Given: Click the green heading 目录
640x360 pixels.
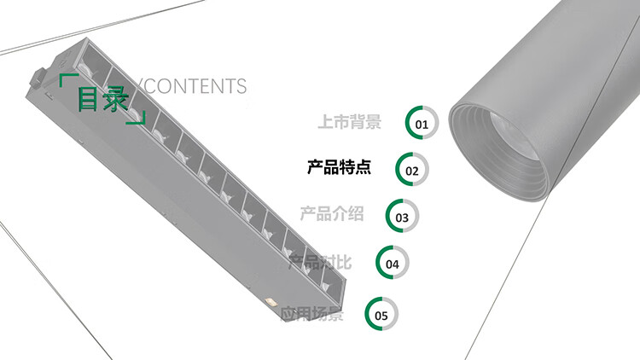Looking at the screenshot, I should tap(103, 98).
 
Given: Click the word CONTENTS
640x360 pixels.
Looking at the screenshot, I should tap(195, 86).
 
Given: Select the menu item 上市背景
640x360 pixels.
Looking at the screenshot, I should tap(349, 122).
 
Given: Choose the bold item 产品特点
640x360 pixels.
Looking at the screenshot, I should tap(339, 167).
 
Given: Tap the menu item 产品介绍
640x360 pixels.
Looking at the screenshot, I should tap(331, 213).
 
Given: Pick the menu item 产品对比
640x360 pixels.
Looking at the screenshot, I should tap(320, 261).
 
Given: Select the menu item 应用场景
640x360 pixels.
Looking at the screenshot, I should tap(312, 315).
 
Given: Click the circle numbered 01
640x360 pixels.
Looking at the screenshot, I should tap(422, 124).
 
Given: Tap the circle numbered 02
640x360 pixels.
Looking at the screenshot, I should tap(412, 170).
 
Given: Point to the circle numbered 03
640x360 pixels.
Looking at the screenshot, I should tap(402, 217).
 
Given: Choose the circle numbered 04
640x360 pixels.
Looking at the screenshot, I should tap(393, 264).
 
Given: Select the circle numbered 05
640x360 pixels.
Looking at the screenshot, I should tap(381, 315).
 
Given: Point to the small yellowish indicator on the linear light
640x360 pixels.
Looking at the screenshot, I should tap(270, 302).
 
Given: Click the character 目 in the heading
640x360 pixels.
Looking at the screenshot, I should tap(89, 98).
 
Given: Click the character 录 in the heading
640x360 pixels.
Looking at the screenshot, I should tap(117, 98).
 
